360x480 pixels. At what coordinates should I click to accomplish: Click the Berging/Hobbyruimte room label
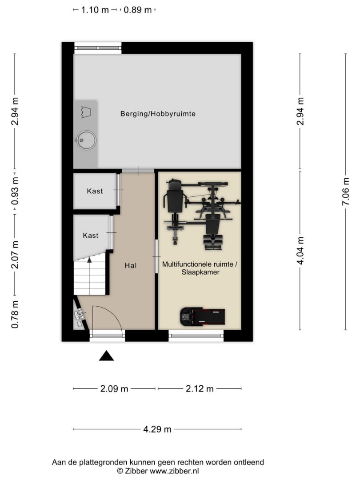[x=158, y=114]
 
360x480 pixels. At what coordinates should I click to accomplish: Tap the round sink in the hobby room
[x=86, y=140]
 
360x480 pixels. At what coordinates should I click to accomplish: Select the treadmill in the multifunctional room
[x=202, y=316]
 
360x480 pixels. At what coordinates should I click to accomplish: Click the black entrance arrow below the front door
[x=106, y=356]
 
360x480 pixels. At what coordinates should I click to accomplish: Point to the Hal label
[x=130, y=265]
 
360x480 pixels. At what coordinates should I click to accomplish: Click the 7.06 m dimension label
[x=346, y=192]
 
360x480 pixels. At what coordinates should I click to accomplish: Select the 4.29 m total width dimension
[x=157, y=429]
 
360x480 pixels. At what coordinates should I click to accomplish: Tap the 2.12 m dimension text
[x=200, y=389]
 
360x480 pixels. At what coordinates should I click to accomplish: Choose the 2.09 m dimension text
[x=114, y=389]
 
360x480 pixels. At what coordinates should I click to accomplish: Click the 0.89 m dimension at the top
[x=138, y=10]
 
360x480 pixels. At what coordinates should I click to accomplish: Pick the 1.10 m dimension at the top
[x=95, y=10]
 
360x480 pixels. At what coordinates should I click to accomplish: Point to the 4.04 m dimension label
[x=300, y=250]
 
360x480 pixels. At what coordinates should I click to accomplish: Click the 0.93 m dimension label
[x=15, y=191]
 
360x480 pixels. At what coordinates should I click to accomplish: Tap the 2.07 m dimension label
[x=15, y=255]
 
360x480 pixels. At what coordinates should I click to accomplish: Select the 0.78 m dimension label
[x=15, y=314]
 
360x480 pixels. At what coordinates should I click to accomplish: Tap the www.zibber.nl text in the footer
[x=175, y=471]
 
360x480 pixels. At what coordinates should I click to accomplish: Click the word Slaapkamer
[x=200, y=272]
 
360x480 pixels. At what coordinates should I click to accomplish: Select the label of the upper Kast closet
[x=95, y=191]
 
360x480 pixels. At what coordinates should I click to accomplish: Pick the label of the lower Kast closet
[x=91, y=236]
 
